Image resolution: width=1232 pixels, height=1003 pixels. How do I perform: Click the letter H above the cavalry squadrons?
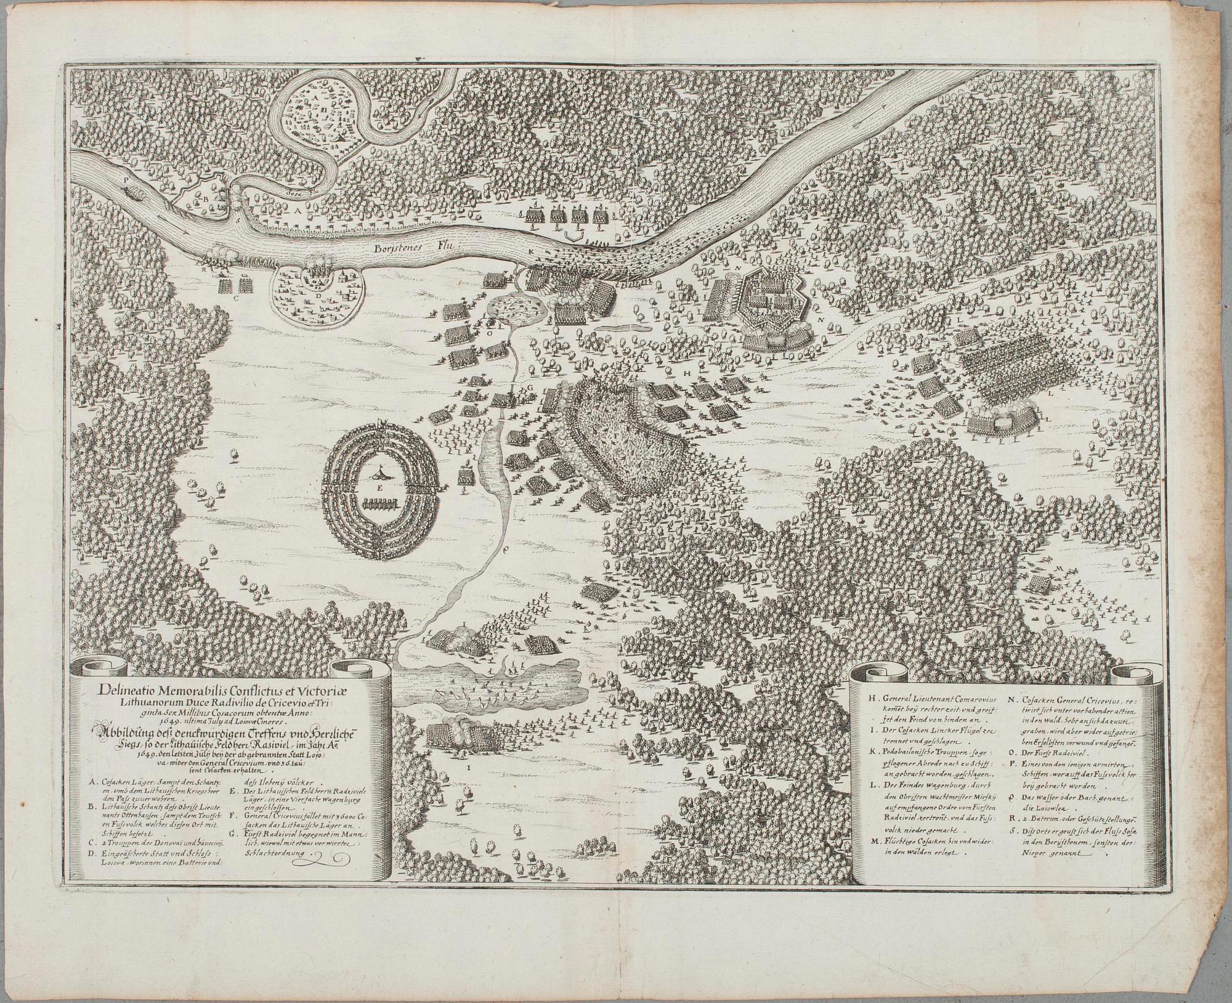[687, 375]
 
